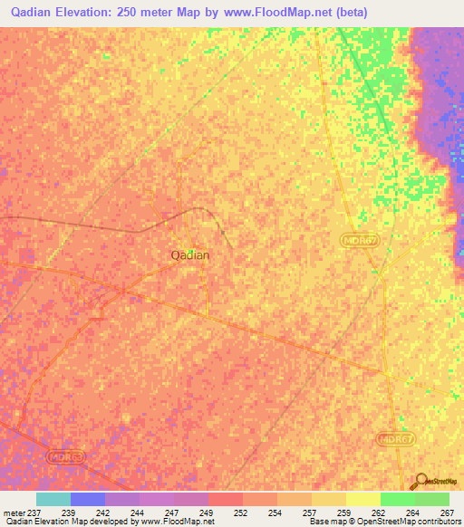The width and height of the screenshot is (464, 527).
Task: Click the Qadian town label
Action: point(190,255)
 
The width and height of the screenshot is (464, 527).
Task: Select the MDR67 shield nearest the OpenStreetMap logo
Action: point(391,437)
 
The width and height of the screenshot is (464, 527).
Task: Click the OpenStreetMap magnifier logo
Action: point(421,480)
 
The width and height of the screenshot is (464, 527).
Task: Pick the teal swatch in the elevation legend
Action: point(53,499)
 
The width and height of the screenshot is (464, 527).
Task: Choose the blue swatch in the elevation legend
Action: point(88,499)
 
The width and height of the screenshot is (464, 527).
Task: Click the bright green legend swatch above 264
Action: point(398,499)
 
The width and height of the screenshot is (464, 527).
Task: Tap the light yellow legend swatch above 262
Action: point(363,499)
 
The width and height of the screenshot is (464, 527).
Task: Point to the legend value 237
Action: point(35,512)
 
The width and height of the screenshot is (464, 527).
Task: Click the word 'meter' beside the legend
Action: point(13,512)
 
